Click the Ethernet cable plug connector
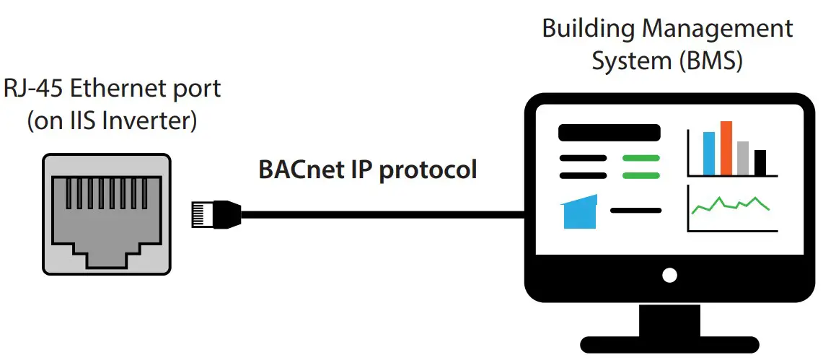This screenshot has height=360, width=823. point(216,214)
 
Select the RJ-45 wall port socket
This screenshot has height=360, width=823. point(107,214)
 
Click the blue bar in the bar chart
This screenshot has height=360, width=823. point(709,153)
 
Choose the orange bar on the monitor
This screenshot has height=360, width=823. point(726,147)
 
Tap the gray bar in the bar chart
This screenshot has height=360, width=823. point(744,158)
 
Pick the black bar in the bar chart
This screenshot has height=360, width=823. point(760,162)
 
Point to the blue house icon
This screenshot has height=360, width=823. point(579,212)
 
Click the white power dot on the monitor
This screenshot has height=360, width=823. point(670,275)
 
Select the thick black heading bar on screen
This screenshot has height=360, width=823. point(609,133)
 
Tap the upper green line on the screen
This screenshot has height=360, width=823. point(641,158)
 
